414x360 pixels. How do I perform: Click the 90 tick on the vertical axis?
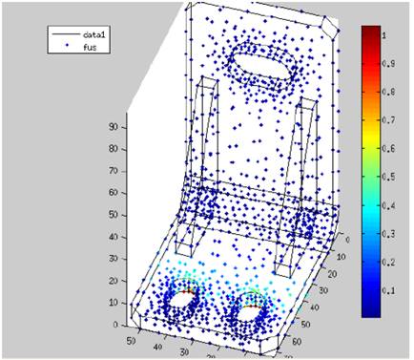[x=112, y=125]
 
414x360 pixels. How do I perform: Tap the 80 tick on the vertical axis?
[x=112, y=147]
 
